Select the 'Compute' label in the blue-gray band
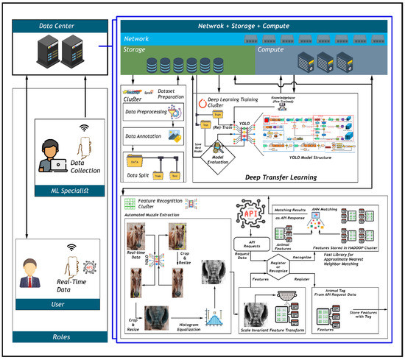[272, 52]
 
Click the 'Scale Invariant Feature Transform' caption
[283, 333]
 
